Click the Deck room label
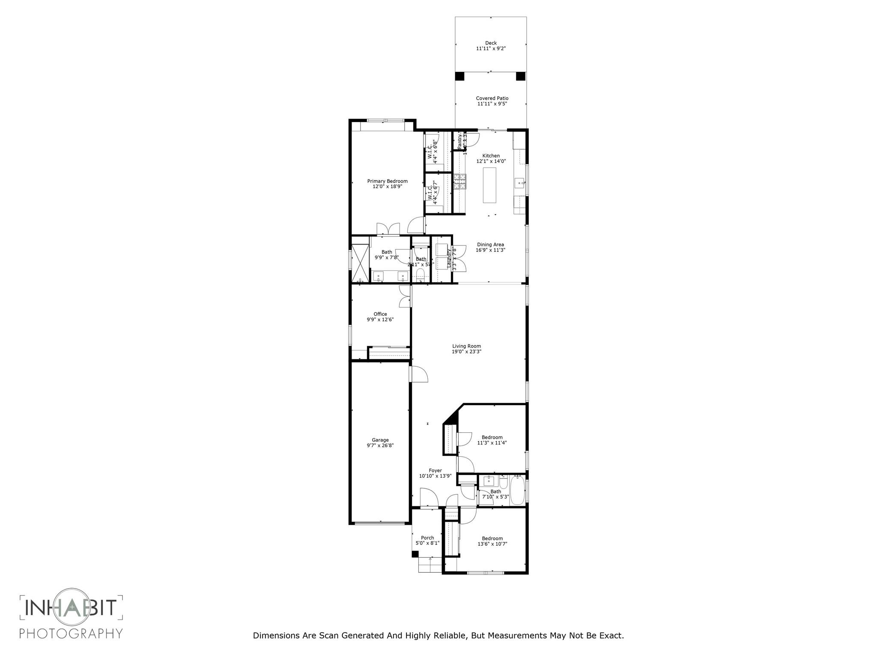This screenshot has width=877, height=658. pyautogui.click(x=491, y=43)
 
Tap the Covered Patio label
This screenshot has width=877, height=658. pyautogui.click(x=492, y=98)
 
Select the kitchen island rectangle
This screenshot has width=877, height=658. pyautogui.click(x=489, y=185)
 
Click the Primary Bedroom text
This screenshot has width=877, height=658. pyautogui.click(x=387, y=181)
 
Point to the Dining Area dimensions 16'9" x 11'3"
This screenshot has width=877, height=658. pyautogui.click(x=490, y=250)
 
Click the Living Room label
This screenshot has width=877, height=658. pyautogui.click(x=466, y=346)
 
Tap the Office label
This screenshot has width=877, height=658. pyautogui.click(x=380, y=314)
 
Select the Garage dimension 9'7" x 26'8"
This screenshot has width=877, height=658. pyautogui.click(x=380, y=446)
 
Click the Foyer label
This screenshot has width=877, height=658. pyautogui.click(x=435, y=470)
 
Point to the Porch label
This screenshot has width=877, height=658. pyautogui.click(x=427, y=538)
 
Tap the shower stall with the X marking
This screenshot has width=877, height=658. pyautogui.click(x=360, y=261)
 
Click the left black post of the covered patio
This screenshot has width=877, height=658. pyautogui.click(x=459, y=76)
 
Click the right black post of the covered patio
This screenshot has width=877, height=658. pyautogui.click(x=520, y=76)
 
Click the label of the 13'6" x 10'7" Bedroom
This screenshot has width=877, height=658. pyautogui.click(x=492, y=538)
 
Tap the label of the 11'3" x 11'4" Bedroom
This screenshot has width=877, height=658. pyautogui.click(x=492, y=437)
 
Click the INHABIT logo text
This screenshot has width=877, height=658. pyautogui.click(x=71, y=607)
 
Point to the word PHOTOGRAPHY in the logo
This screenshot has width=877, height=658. pyautogui.click(x=71, y=633)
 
